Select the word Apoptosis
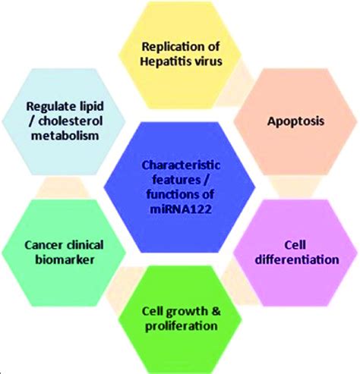click(x=292, y=119)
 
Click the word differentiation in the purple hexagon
click(x=295, y=259)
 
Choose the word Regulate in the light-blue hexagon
click(x=49, y=105)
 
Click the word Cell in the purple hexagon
click(x=295, y=245)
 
